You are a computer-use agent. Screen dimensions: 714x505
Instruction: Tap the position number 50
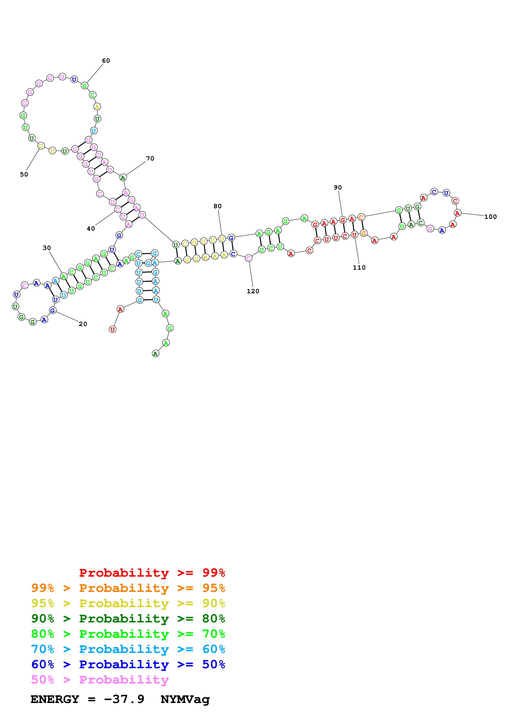point(24,174)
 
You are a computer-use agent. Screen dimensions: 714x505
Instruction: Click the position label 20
point(83,324)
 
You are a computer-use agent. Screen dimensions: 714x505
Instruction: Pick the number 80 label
point(218,206)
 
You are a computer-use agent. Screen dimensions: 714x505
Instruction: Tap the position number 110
point(359,267)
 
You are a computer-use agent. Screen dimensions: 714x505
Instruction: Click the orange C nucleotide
point(361,217)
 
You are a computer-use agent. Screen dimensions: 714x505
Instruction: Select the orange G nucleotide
point(363,233)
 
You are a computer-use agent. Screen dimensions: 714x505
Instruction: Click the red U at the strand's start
point(113,329)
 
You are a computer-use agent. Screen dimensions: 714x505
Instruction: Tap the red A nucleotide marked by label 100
point(457,213)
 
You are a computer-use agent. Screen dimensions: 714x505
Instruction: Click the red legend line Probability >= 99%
point(152,573)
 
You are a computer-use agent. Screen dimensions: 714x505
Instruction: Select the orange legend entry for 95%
point(128,588)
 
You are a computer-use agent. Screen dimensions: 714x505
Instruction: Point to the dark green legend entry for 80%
point(128,619)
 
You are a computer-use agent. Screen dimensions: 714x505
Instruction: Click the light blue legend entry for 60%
point(128,649)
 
